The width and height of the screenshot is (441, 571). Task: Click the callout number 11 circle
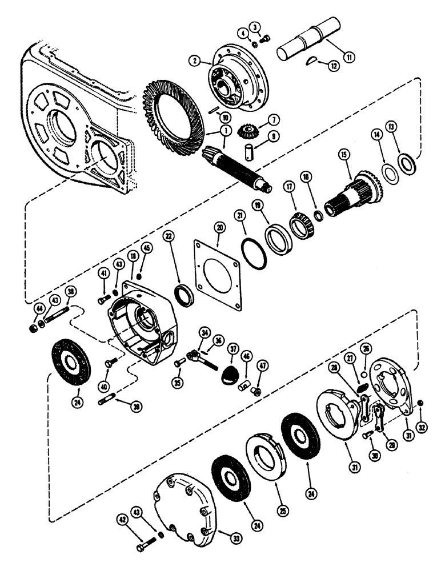point(347,57)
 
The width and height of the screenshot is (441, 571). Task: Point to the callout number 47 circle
point(264,366)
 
